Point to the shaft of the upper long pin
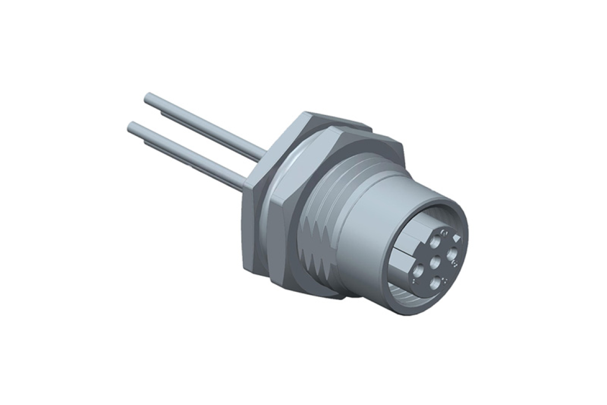(x=208, y=127)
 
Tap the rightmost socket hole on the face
(x=453, y=254)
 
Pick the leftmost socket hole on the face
(x=418, y=269)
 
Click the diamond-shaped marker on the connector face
(x=456, y=237)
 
